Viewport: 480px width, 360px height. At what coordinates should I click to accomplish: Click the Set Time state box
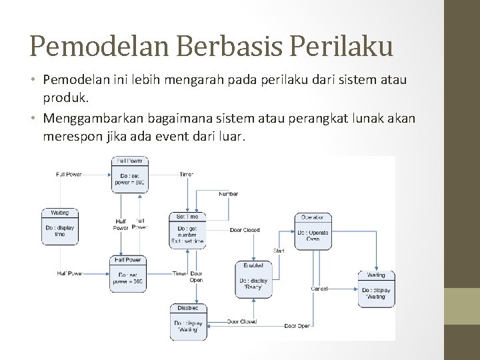click(x=187, y=231)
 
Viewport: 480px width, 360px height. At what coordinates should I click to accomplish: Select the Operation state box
click(x=313, y=231)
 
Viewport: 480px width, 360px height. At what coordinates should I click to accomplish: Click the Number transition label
click(x=229, y=194)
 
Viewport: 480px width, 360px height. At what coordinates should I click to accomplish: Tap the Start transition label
click(x=279, y=250)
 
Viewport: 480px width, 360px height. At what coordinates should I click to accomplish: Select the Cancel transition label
click(x=319, y=289)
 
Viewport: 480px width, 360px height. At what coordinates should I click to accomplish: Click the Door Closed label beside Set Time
click(x=245, y=231)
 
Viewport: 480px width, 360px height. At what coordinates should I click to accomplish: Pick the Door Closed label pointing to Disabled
click(x=241, y=321)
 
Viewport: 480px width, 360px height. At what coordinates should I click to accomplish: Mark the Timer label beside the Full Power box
click(x=186, y=174)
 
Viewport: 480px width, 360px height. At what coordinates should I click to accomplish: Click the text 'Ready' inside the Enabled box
click(x=254, y=288)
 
